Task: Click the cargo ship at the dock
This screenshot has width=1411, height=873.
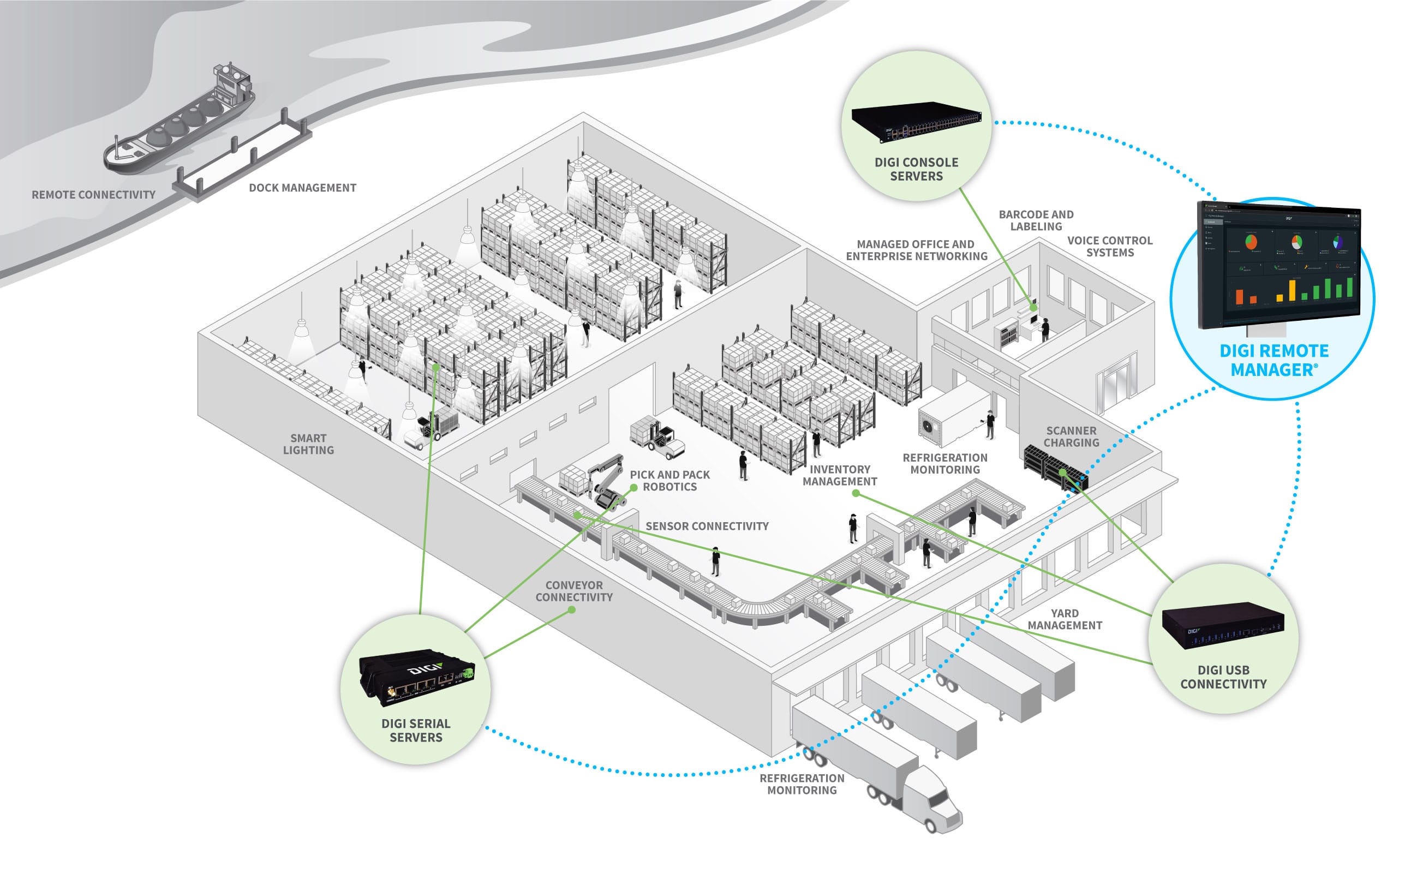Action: (x=179, y=124)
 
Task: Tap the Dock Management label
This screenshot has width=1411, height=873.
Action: (x=302, y=188)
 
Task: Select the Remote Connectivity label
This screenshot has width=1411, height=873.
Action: (x=93, y=195)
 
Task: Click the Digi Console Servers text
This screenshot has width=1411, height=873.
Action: (x=916, y=169)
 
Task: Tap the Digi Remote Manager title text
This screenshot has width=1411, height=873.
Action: (x=1274, y=360)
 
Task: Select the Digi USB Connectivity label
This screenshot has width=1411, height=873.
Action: (x=1223, y=677)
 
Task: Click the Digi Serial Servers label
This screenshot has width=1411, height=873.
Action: (x=416, y=731)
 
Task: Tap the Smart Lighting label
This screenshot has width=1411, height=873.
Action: (x=308, y=444)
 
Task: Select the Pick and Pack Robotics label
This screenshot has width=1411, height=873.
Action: (x=669, y=480)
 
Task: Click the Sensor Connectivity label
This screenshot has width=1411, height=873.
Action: (x=707, y=526)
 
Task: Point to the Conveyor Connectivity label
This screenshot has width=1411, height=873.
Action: (x=574, y=591)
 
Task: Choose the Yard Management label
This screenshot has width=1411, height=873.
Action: (x=1065, y=619)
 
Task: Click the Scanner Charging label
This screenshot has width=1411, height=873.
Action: (x=1071, y=436)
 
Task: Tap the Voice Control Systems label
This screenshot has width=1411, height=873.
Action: (x=1110, y=247)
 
